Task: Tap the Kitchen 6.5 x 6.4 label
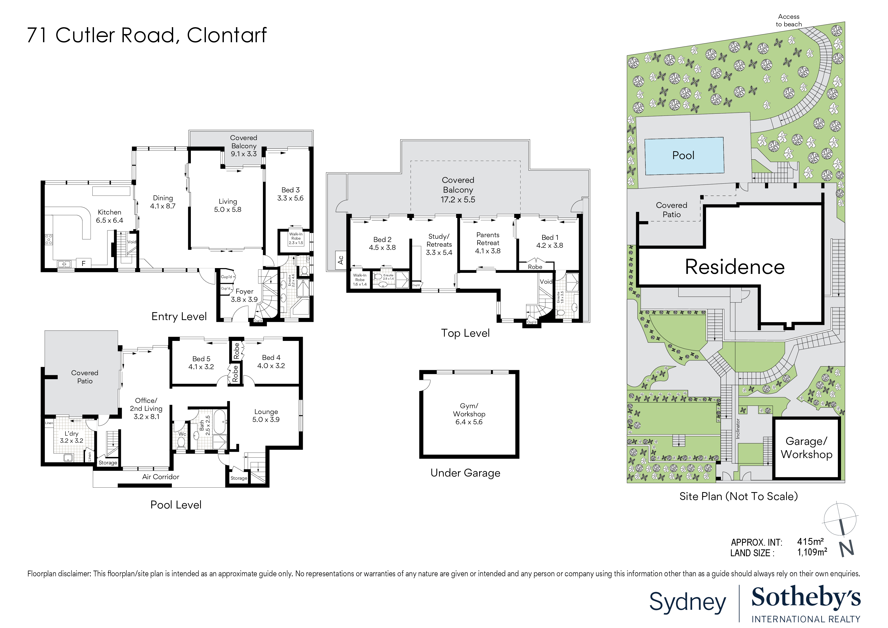[110, 216]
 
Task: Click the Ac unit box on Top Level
[340, 259]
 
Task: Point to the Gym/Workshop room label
[469, 414]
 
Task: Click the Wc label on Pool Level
[182, 434]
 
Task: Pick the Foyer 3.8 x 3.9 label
[244, 296]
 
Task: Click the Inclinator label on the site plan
[738, 429]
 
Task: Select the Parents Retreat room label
[488, 243]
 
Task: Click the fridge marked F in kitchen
[83, 263]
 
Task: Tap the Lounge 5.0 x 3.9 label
[266, 416]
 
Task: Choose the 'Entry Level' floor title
[179, 317]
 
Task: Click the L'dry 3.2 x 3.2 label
[72, 437]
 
